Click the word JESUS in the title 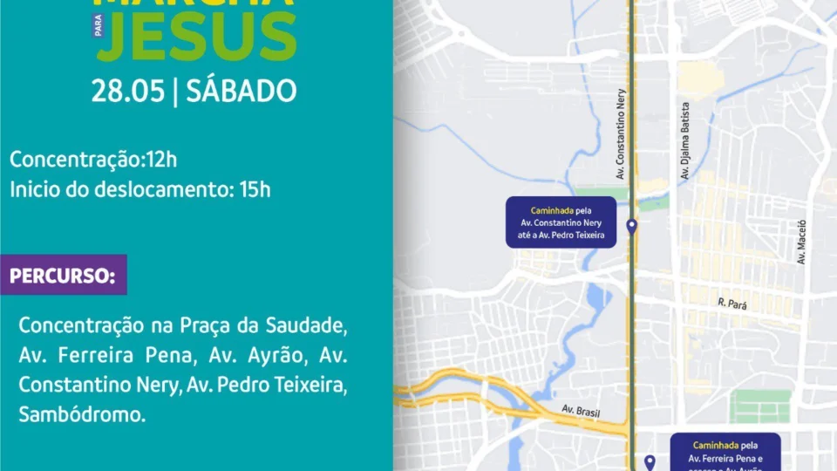click(197, 35)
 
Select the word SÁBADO click(242, 91)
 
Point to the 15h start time click(255, 189)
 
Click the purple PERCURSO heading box click(63, 276)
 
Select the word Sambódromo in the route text click(82, 413)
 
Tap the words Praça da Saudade click(253, 326)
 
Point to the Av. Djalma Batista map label click(685, 140)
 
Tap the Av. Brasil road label click(581, 411)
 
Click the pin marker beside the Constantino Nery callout click(632, 228)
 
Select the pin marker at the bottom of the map click(649, 462)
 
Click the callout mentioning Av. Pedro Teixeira click(561, 222)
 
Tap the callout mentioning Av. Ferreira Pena click(725, 452)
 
